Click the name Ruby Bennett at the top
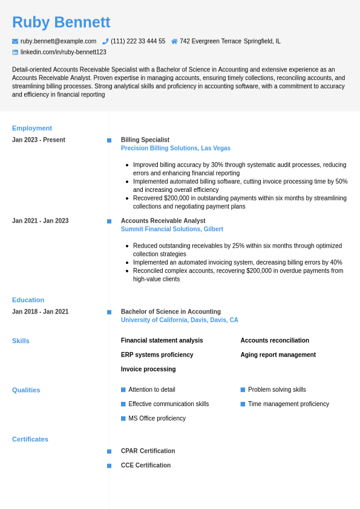tap(61, 22)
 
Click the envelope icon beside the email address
tap(15, 41)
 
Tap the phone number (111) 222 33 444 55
tap(137, 41)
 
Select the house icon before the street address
tap(174, 41)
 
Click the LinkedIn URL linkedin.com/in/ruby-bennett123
tap(63, 52)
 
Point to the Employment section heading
tap(32, 128)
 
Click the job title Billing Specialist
tap(145, 140)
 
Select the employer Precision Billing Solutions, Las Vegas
tap(175, 148)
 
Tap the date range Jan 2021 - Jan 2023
tap(40, 221)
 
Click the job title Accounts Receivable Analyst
tap(163, 221)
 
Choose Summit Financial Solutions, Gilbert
tap(172, 229)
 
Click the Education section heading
tap(28, 300)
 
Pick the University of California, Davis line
tap(179, 320)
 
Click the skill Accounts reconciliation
tap(275, 341)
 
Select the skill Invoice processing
tap(148, 369)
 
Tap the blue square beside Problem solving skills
tap(243, 390)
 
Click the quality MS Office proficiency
tap(157, 418)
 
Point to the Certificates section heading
tap(30, 439)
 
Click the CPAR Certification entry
tap(148, 451)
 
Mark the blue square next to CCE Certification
tap(109, 465)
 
